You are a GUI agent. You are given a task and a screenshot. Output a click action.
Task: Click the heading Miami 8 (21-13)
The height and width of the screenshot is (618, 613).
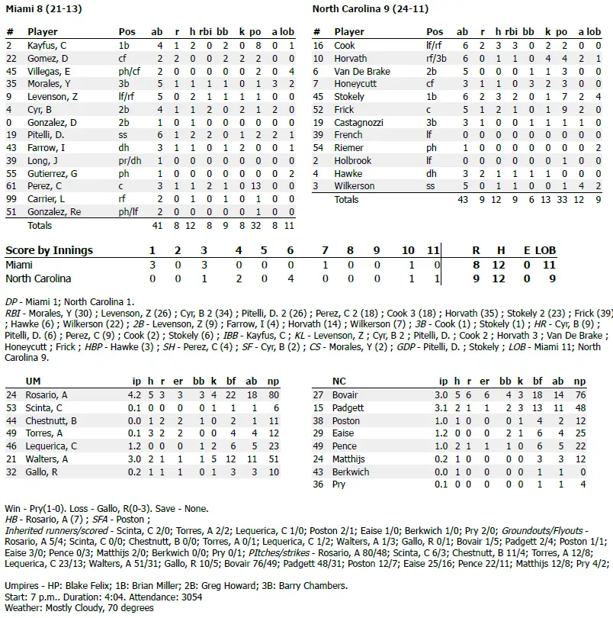(43, 8)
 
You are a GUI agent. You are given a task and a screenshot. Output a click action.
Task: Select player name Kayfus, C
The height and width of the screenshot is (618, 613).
(47, 45)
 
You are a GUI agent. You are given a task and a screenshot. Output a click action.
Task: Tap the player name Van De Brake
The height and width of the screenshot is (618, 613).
(362, 71)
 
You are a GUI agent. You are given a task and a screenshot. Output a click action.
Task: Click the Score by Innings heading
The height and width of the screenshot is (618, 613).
(49, 250)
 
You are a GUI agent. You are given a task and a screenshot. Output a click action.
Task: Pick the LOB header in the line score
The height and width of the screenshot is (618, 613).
(545, 250)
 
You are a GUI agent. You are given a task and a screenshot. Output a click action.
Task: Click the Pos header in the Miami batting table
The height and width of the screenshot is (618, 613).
(127, 32)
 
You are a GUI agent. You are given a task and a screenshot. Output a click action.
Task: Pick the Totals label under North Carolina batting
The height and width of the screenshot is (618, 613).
(348, 199)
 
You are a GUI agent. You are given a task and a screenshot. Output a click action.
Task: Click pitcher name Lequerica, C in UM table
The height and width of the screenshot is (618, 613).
(52, 446)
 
